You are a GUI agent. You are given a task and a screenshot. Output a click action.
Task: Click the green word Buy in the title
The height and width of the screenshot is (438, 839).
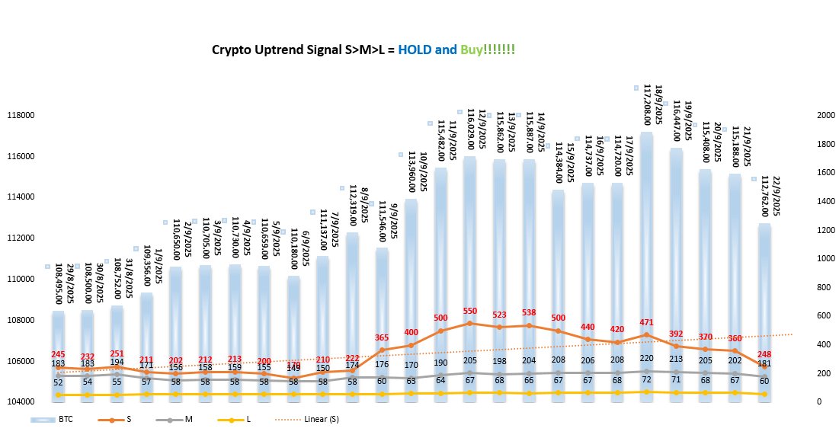coord(471,50)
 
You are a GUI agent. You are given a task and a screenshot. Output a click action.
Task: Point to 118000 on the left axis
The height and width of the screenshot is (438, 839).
coord(21,116)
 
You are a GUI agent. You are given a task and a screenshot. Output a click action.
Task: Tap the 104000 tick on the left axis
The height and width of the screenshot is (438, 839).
coord(21,401)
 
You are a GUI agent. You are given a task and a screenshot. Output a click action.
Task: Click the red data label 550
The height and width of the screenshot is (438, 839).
coord(470,312)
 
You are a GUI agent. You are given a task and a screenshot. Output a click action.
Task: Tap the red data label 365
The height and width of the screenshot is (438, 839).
coord(383,337)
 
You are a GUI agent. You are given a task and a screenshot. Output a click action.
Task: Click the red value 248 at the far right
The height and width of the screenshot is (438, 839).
coord(764,354)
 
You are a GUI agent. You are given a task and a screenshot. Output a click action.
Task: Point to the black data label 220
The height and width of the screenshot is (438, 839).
coord(646,358)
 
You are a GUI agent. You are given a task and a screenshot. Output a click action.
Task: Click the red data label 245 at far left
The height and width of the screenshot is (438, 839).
coord(59,354)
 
